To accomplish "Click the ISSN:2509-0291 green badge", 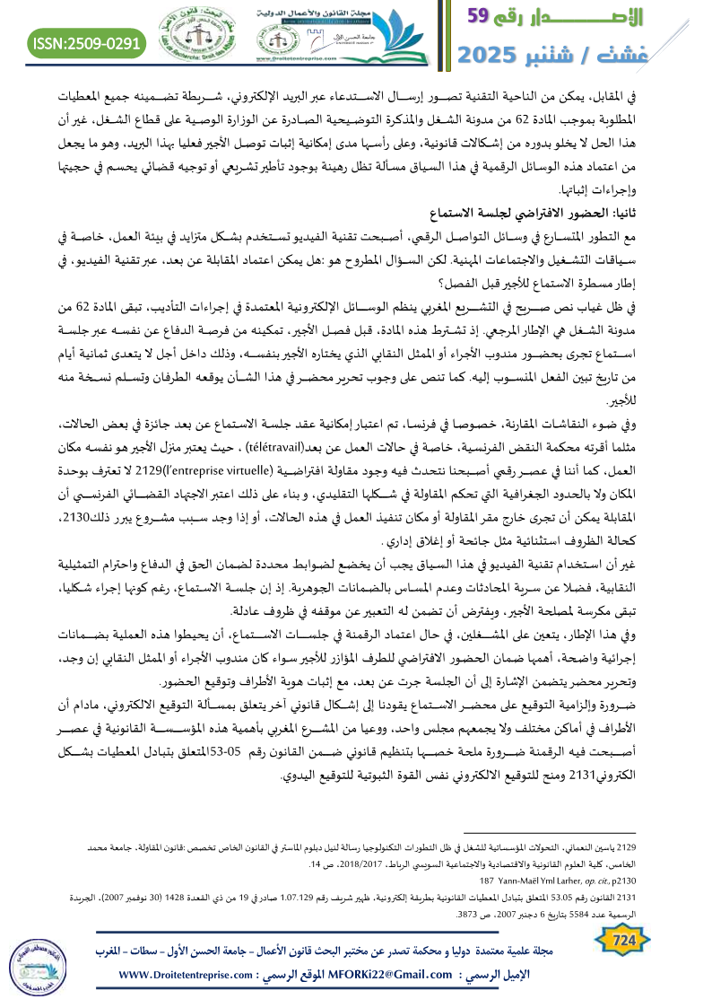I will click(x=87, y=42).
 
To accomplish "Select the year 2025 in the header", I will click(x=496, y=54).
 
